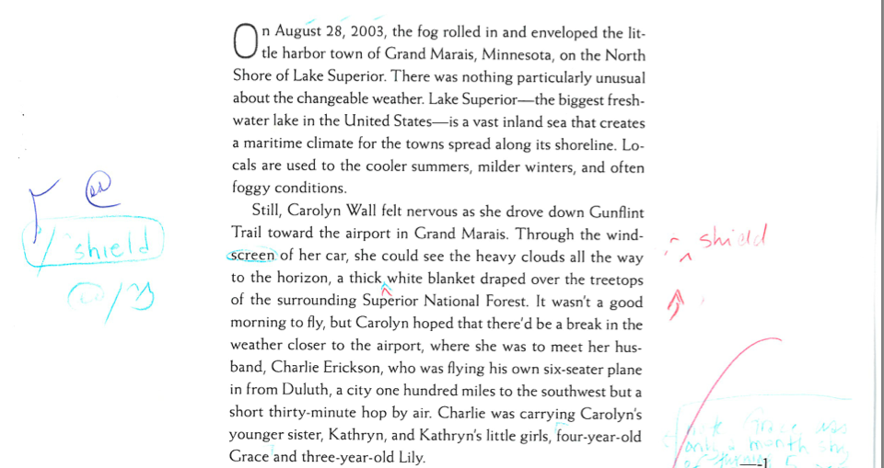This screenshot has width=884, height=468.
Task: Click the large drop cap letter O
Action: pos(245,40)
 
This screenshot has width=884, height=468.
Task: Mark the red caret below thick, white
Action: pos(386,290)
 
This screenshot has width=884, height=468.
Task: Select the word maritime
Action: pos(275,143)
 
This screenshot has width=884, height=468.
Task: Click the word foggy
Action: pos(253,188)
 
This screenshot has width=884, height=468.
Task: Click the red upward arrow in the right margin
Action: pos(680,303)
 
